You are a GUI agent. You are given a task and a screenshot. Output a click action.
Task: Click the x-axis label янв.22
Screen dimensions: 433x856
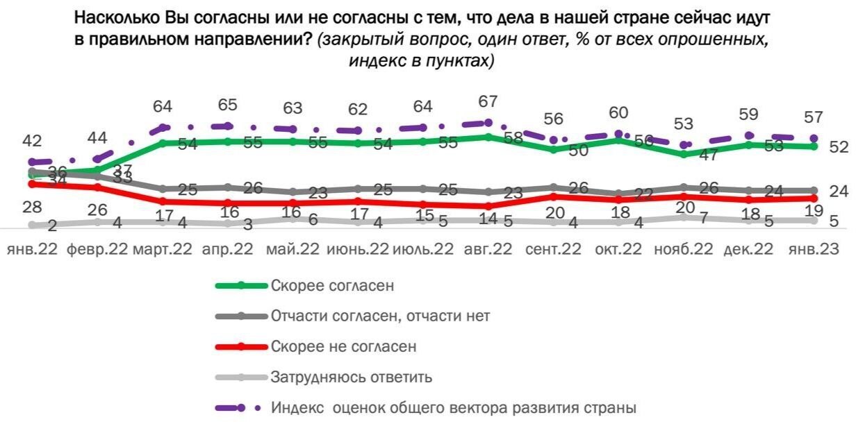[33, 248]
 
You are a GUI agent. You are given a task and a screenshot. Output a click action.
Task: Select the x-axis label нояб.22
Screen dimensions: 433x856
[684, 248]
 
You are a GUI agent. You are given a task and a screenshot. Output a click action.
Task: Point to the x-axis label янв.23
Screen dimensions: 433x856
[814, 248]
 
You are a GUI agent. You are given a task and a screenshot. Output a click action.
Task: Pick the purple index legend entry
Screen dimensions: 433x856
[453, 407]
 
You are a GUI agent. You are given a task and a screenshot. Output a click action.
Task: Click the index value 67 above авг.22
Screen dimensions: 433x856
[488, 101]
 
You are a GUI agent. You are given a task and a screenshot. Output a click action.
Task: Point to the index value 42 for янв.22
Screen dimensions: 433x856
[33, 142]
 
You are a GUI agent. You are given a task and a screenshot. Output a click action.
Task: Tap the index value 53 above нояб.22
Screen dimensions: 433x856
[684, 124]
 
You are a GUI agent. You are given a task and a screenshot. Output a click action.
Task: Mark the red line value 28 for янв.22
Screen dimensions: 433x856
[33, 207]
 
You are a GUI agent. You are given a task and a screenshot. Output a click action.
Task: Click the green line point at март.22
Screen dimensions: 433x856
[163, 143]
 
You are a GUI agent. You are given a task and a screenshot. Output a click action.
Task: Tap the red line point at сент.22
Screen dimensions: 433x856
[554, 196]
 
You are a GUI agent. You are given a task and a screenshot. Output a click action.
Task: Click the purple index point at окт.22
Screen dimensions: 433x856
[619, 134]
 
